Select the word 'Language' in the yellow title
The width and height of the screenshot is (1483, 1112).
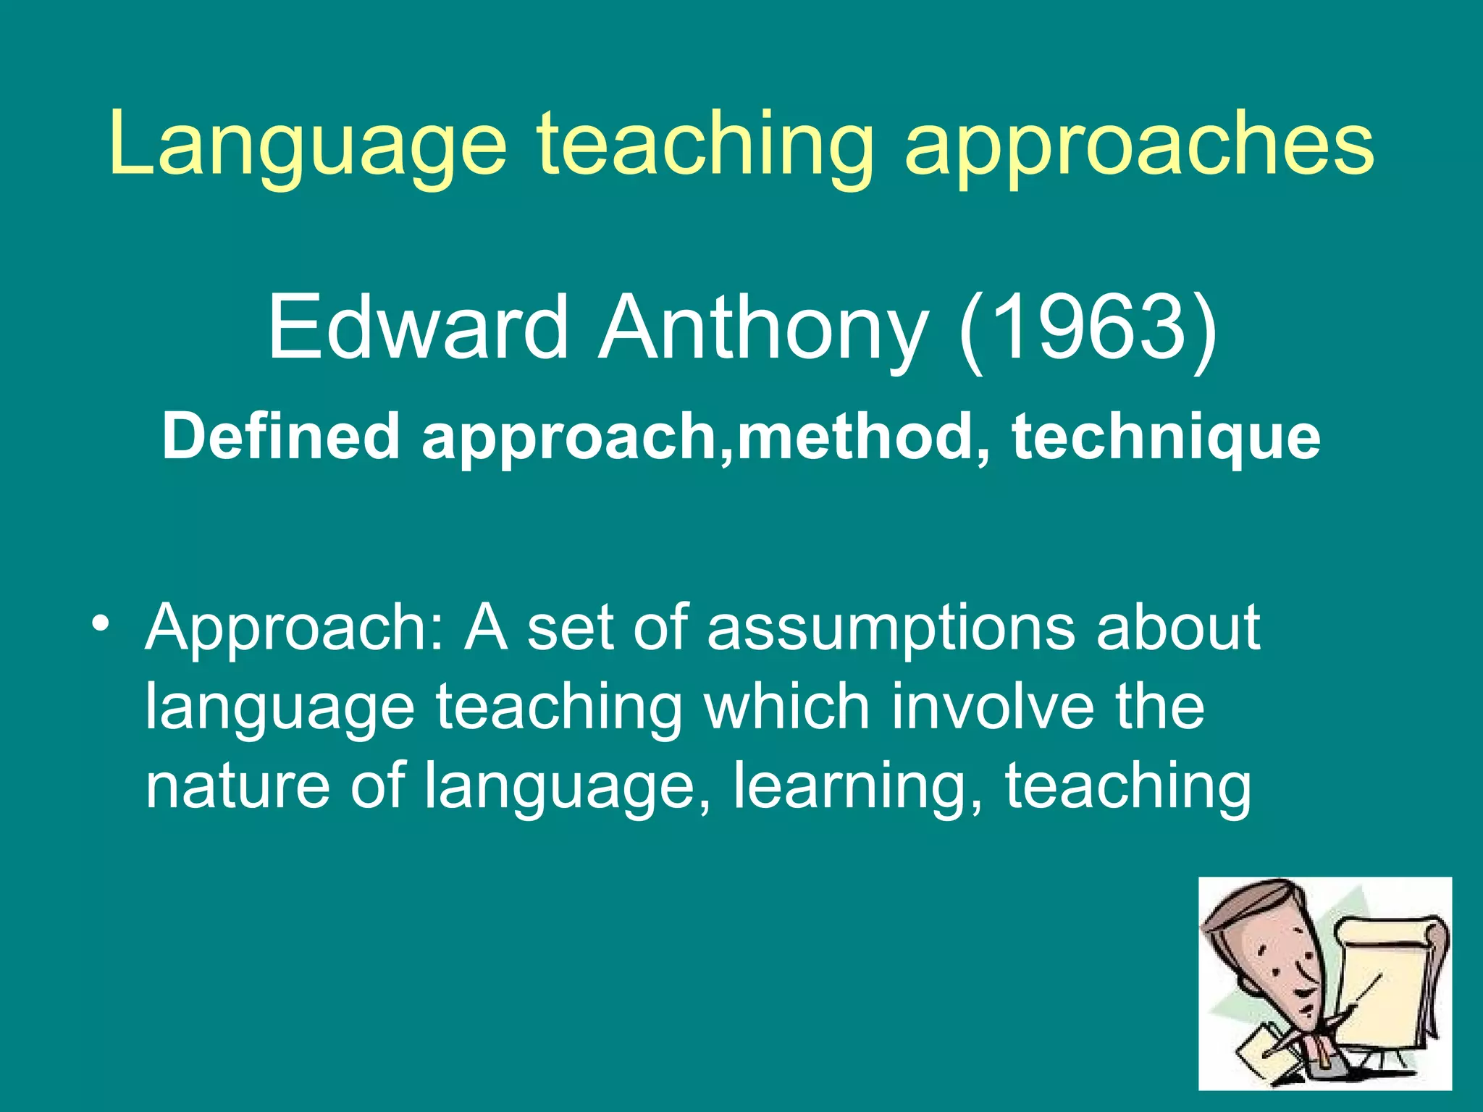[x=308, y=145]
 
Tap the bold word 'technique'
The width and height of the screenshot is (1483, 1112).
[x=1166, y=438]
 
